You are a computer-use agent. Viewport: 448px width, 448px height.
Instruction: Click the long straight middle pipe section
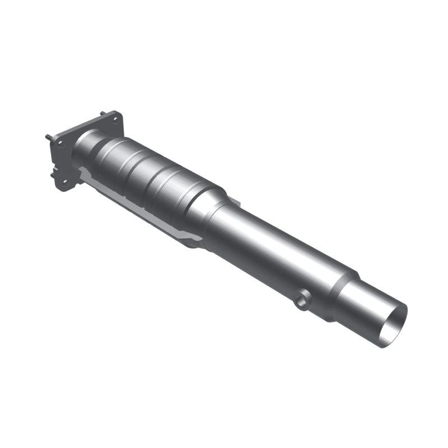pos(274,246)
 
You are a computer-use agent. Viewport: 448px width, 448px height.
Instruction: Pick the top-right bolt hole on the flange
pos(116,119)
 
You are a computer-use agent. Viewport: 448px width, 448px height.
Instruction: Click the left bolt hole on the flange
pos(60,144)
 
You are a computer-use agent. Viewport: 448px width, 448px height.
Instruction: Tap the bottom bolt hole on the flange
pos(65,181)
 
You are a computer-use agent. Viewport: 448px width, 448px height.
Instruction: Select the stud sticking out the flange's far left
pos(47,137)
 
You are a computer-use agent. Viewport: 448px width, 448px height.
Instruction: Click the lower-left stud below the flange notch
pos(53,174)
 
